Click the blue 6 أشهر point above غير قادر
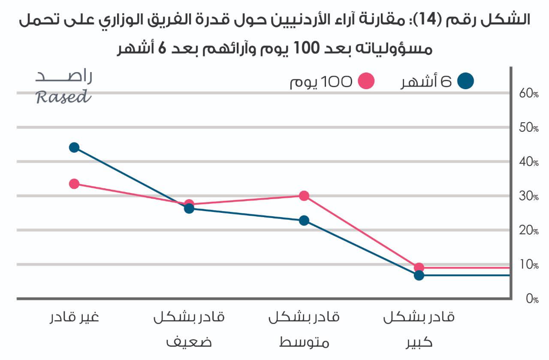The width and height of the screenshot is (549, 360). (74, 148)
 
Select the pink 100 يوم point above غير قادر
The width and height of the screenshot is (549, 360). (74, 184)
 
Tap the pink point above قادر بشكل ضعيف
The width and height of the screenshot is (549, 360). (189, 204)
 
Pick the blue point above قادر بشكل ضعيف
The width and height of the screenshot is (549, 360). (189, 209)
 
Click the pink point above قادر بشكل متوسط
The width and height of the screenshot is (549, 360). (304, 196)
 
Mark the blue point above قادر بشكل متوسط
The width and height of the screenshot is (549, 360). (304, 221)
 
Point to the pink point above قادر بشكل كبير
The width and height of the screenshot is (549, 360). (419, 268)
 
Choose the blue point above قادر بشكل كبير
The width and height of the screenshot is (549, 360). (419, 275)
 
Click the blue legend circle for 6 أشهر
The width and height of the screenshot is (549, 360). (466, 81)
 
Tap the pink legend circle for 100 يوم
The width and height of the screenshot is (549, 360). (366, 81)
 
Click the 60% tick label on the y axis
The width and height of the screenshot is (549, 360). (529, 94)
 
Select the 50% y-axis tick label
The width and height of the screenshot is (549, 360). (529, 128)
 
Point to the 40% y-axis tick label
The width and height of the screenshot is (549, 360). (529, 162)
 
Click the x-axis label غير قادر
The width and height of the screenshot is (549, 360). (74, 318)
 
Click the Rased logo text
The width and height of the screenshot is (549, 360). (63, 97)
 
